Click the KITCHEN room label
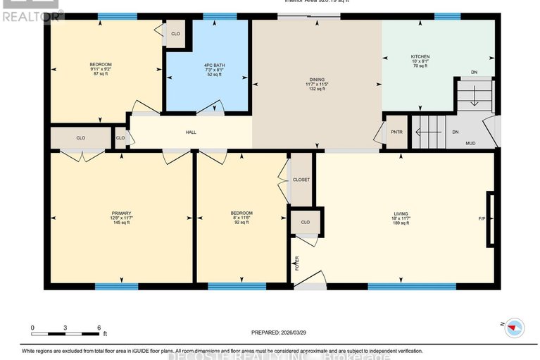[420, 56]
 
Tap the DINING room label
[318, 80]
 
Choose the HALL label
[191, 132]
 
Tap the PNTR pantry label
[396, 132]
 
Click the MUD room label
[470, 143]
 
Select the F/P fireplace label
[482, 218]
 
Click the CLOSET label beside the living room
[301, 180]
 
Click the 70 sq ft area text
[420, 68]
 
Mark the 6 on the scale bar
[99, 328]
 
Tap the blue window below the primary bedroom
[116, 286]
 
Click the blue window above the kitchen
[447, 16]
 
